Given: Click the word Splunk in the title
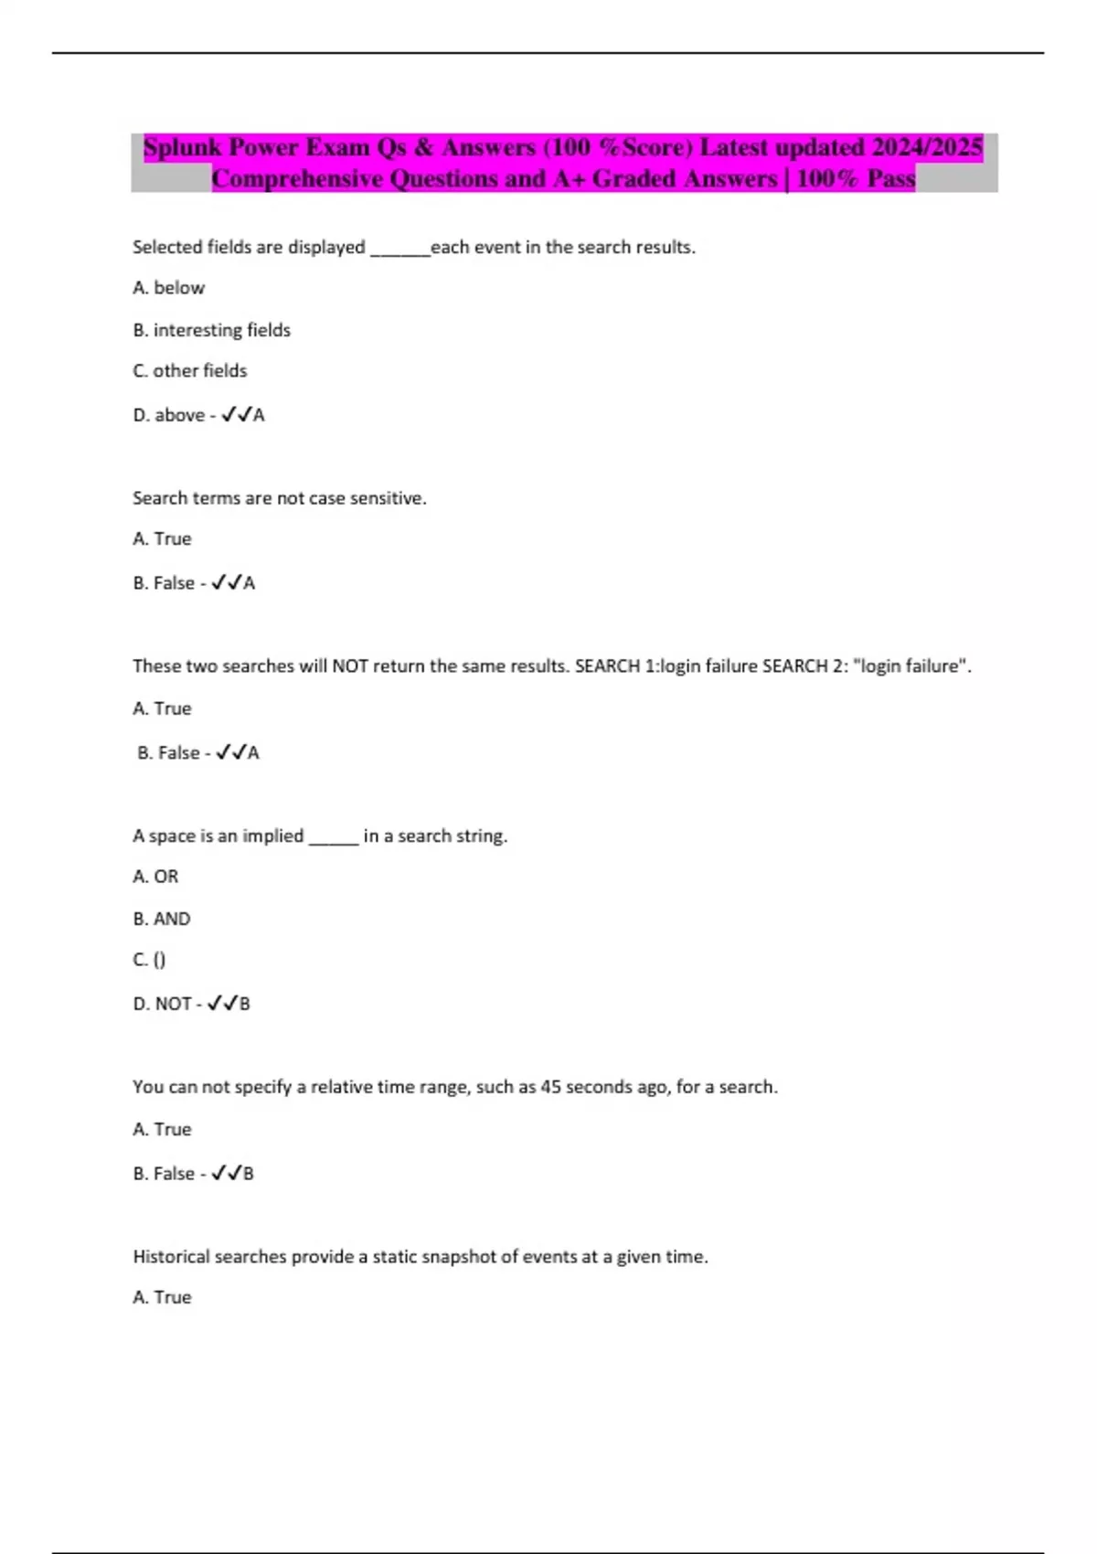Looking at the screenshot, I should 183,148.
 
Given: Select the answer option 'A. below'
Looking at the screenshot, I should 169,288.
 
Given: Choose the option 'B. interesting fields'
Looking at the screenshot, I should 212,330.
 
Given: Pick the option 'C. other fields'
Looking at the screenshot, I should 190,371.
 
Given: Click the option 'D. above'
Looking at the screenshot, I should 169,415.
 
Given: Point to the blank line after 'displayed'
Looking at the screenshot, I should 399,249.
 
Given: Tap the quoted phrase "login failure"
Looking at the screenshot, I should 911,666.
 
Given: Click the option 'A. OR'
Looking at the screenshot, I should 155,877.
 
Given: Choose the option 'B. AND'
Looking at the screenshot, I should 162,919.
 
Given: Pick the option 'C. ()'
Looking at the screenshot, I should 150,960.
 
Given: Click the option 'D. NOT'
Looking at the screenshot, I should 163,1004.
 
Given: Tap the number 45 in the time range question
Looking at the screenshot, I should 550,1087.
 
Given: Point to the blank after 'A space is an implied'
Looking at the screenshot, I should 334,837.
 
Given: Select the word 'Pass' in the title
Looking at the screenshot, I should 890,179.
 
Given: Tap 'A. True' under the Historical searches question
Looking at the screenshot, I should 162,1297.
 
